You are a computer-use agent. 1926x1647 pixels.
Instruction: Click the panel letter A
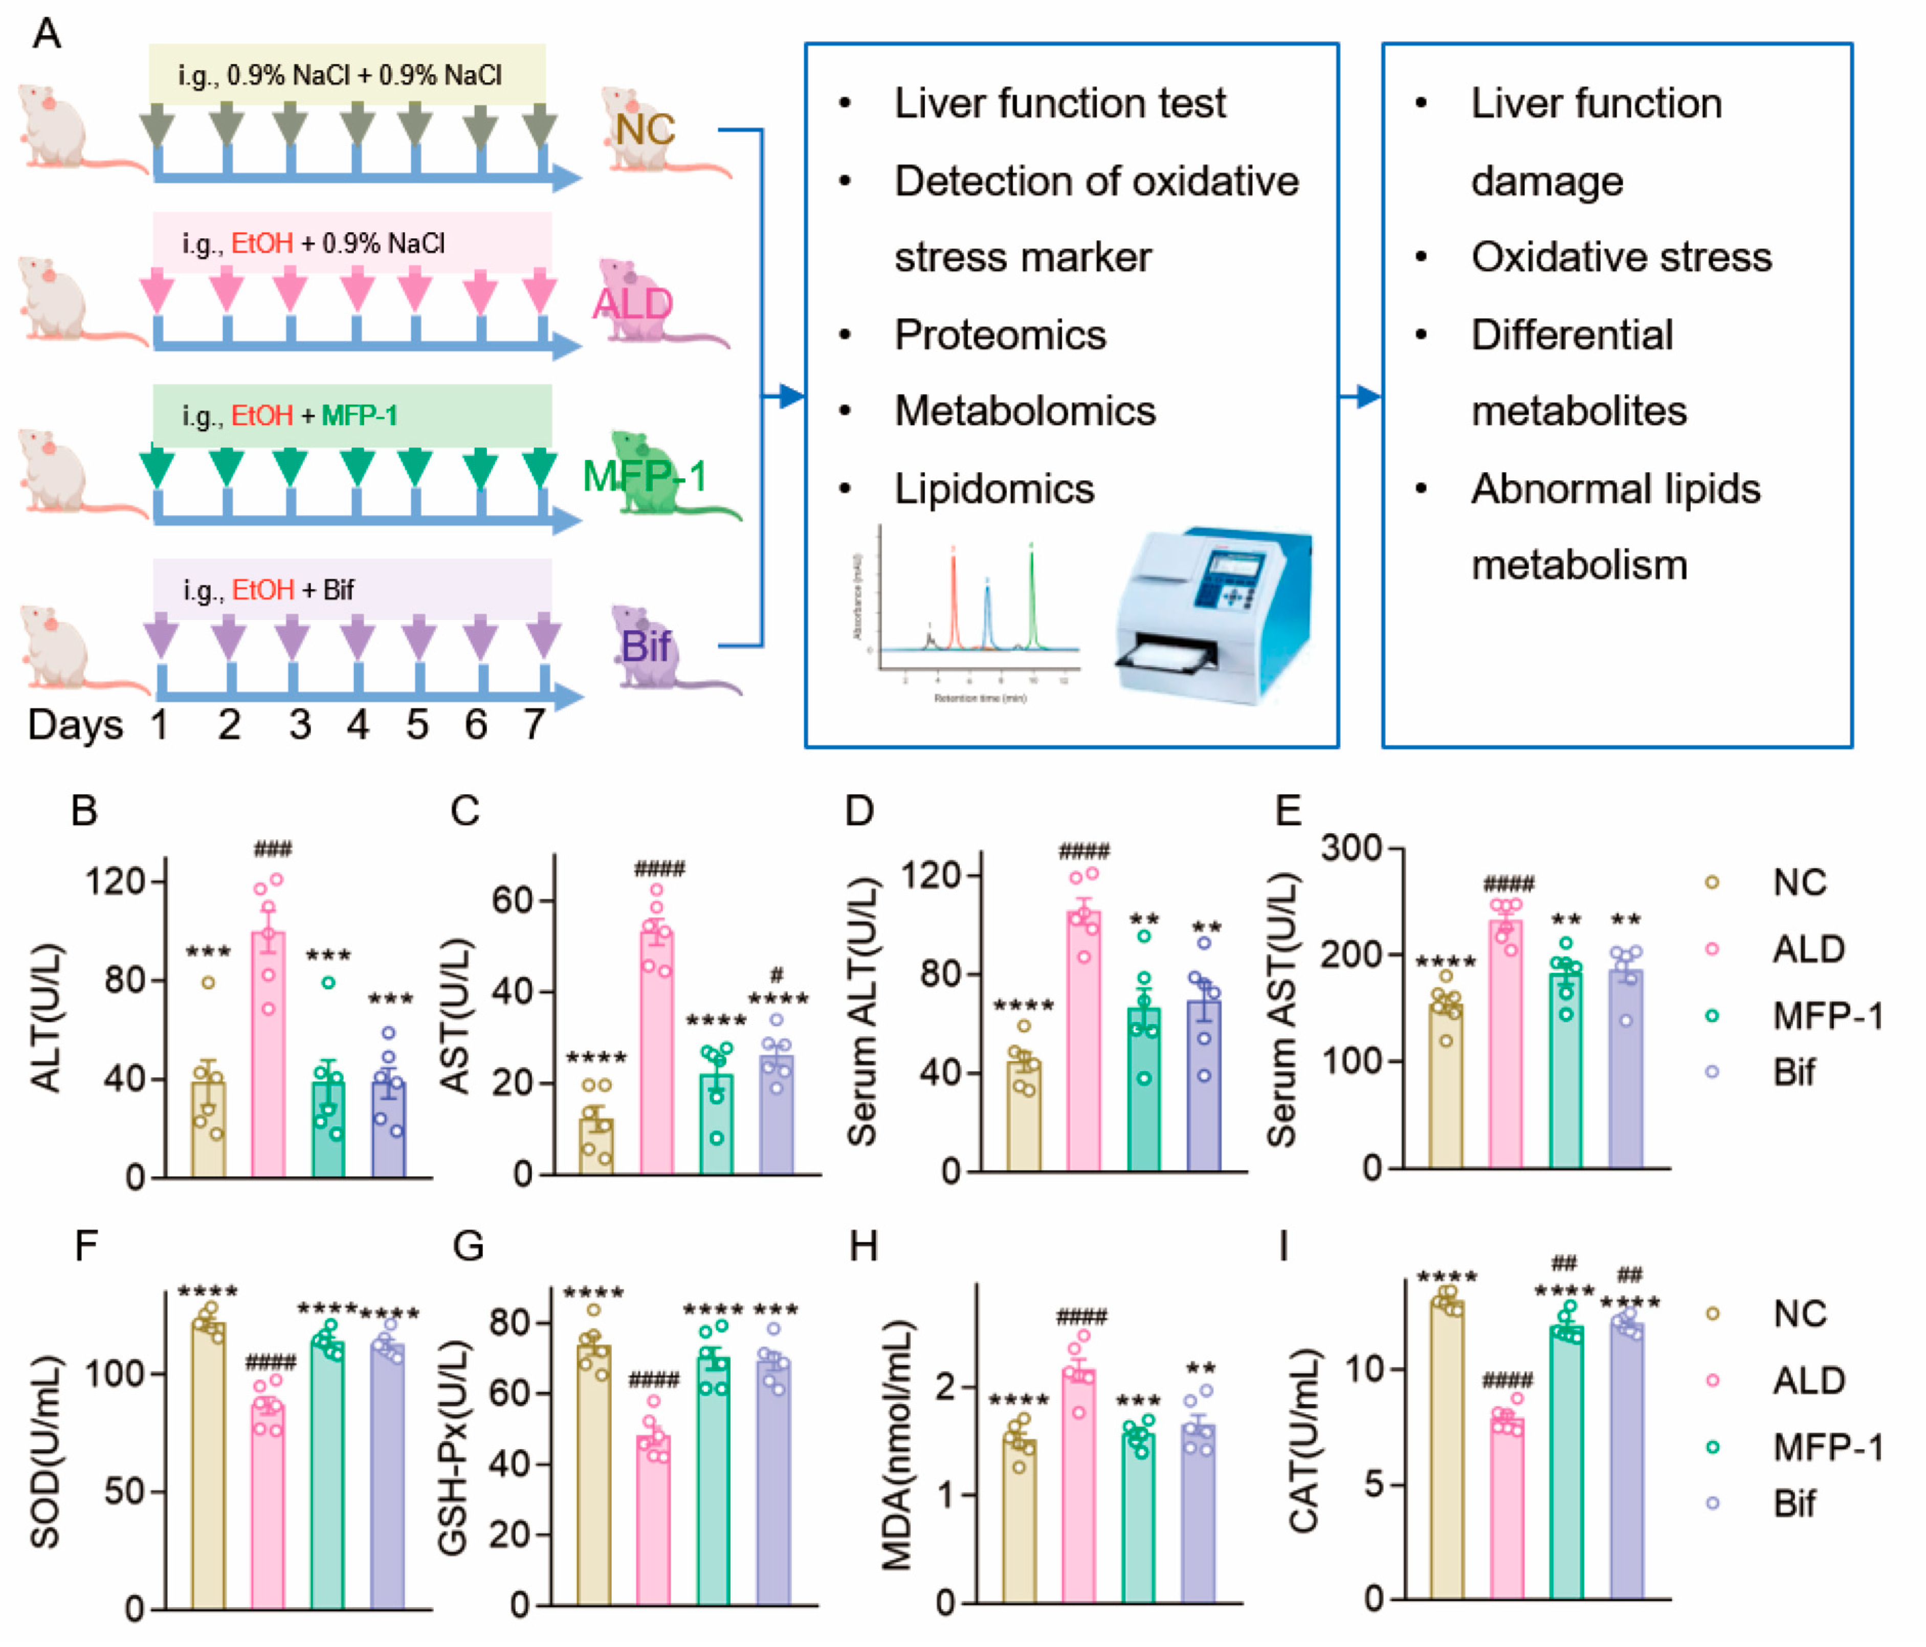47,34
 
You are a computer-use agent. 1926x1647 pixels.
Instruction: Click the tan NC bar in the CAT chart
1446,1450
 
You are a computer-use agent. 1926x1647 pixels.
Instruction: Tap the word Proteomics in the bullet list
1000,335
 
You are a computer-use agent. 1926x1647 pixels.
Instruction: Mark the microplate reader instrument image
1213,613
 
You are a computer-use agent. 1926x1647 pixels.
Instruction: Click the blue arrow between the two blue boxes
1360,397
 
